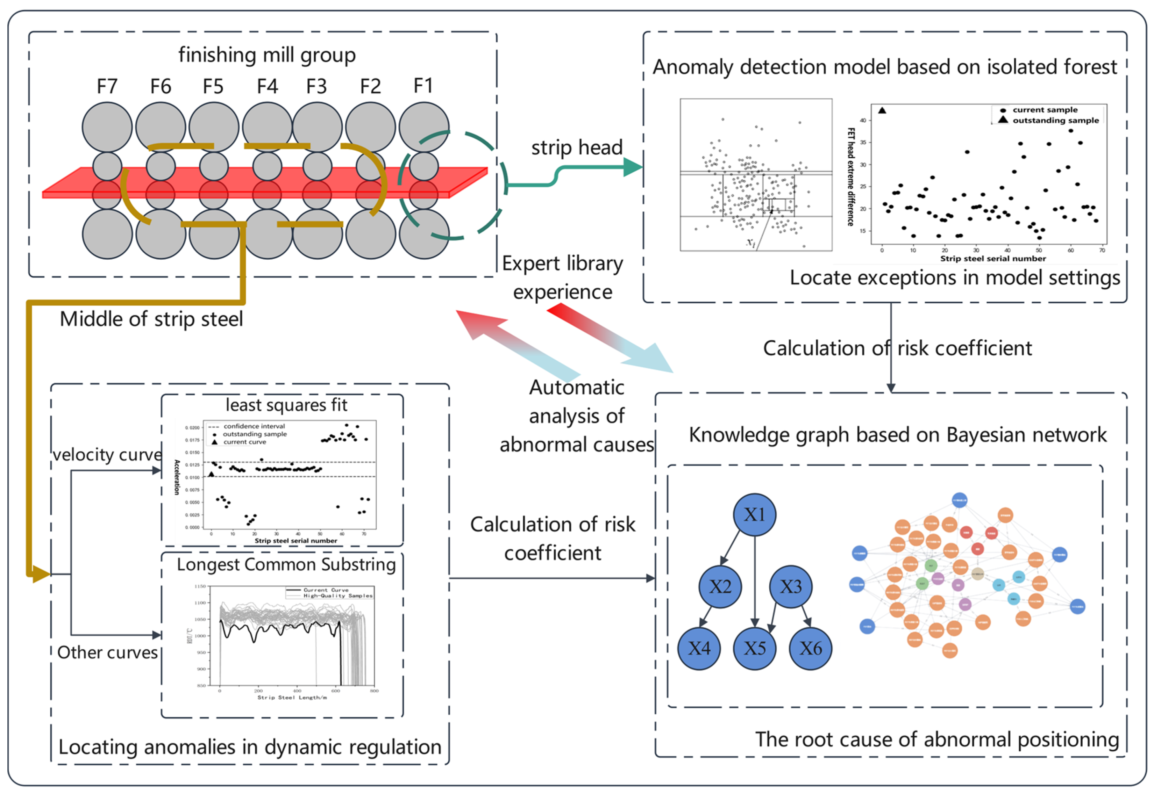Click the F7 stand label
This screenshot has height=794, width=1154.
pyautogui.click(x=107, y=87)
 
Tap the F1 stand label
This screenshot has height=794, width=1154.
pyautogui.click(x=423, y=86)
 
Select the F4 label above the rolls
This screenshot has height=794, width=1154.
pyautogui.click(x=267, y=87)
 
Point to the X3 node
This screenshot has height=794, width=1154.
pyautogui.click(x=790, y=586)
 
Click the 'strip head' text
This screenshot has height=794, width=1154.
pyautogui.click(x=577, y=148)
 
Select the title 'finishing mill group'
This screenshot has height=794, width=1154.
pyautogui.click(x=267, y=55)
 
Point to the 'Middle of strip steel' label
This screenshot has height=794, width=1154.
pyautogui.click(x=151, y=319)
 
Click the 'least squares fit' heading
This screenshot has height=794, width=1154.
pyautogui.click(x=286, y=405)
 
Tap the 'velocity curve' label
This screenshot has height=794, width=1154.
pyautogui.click(x=107, y=454)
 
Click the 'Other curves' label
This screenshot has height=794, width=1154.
pyautogui.click(x=107, y=652)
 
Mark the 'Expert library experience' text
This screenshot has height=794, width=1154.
pyautogui.click(x=563, y=277)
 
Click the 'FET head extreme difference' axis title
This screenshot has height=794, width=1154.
pyautogui.click(x=851, y=176)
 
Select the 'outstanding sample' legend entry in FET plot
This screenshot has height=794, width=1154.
pyautogui.click(x=1055, y=121)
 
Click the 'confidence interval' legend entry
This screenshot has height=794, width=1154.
pyautogui.click(x=254, y=426)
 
